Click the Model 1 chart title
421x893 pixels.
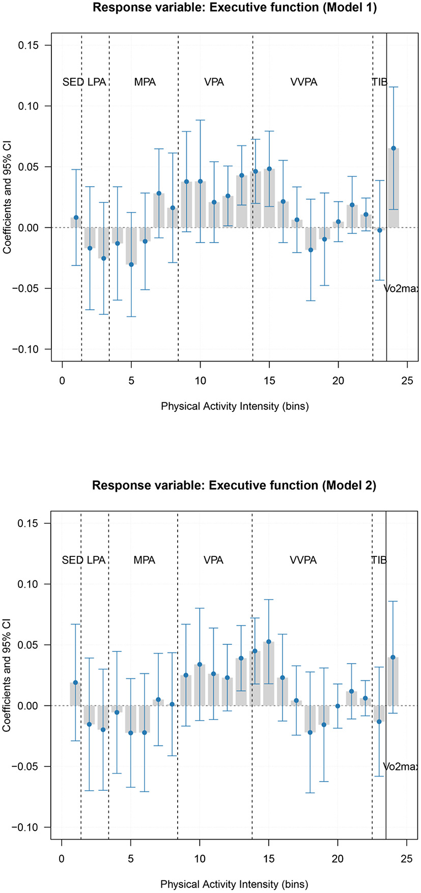click(235, 8)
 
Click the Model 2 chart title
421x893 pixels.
click(234, 486)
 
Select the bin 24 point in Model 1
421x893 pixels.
click(393, 148)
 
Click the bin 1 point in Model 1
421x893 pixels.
click(76, 217)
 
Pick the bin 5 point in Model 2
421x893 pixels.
click(131, 733)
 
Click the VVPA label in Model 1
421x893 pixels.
click(303, 82)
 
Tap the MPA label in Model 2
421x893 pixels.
click(144, 560)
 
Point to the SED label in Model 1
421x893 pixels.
click(73, 82)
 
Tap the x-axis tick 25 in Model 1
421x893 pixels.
click(407, 381)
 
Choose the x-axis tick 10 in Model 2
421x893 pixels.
click(200, 859)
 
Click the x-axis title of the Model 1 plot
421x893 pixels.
click(235, 406)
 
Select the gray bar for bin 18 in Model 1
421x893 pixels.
click(311, 239)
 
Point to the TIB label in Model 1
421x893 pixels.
click(379, 82)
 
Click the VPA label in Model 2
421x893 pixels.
click(213, 560)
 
